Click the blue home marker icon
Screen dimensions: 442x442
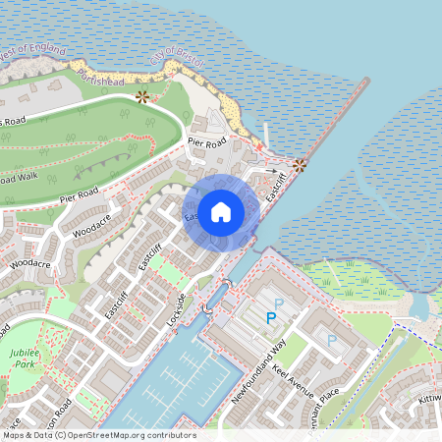pos(221,211)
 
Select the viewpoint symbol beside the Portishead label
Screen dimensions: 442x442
pos(143,96)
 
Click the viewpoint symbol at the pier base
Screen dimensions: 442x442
pos(300,165)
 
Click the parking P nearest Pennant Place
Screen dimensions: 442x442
pos(331,340)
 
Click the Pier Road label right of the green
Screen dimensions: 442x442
pos(207,142)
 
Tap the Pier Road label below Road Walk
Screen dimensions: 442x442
pos(80,198)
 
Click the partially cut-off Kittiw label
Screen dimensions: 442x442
pos(429,400)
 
